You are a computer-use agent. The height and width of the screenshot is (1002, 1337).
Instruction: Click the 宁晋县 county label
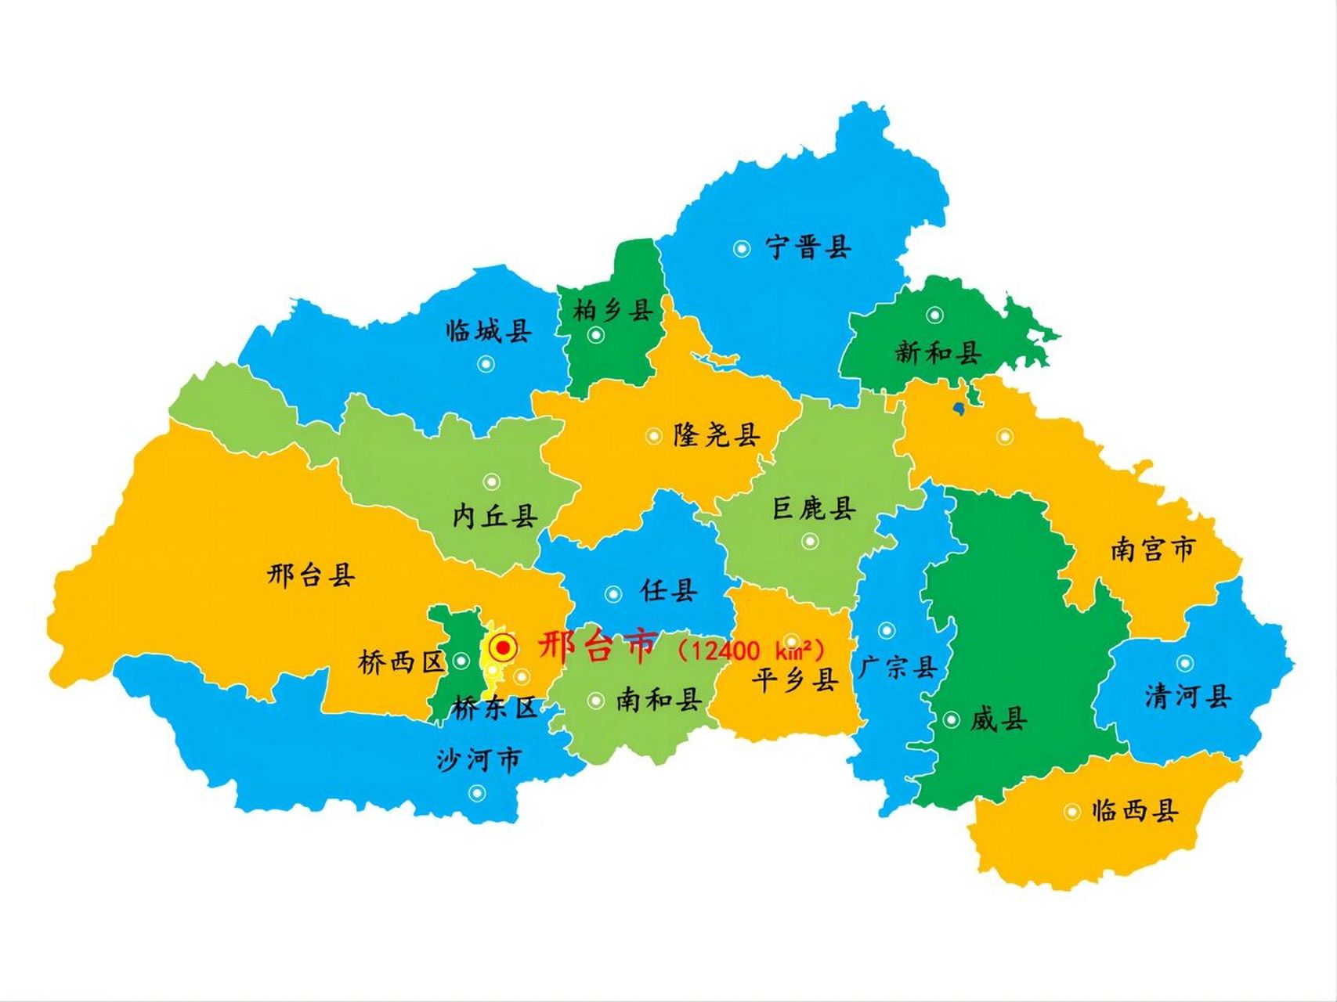click(808, 248)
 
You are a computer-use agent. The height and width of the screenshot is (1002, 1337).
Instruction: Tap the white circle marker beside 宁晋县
click(741, 248)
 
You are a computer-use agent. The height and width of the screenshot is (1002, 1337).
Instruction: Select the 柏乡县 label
click(613, 311)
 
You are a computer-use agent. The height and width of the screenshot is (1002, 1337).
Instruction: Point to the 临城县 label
click(489, 331)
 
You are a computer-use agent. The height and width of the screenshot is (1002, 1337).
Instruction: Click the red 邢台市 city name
click(597, 647)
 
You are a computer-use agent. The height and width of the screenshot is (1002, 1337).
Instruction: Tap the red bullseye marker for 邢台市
click(502, 648)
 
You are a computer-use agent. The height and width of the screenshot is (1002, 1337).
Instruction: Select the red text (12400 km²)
click(751, 651)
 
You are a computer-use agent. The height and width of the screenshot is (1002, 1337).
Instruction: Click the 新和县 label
click(938, 352)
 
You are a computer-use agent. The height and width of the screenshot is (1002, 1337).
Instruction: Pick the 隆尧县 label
click(717, 435)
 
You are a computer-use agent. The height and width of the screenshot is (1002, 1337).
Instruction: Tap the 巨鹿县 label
click(815, 509)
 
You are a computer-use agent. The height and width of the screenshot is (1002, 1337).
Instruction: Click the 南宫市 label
click(1153, 549)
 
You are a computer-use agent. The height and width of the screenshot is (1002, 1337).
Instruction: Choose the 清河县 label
click(1187, 695)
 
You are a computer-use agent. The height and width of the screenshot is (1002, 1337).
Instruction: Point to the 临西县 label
click(1135, 810)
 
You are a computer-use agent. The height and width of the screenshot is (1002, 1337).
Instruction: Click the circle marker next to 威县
click(951, 719)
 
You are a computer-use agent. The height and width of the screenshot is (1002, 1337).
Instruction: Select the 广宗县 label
click(897, 668)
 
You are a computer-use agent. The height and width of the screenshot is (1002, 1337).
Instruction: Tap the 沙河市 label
click(479, 759)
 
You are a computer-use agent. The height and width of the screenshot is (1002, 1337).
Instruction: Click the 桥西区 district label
click(401, 662)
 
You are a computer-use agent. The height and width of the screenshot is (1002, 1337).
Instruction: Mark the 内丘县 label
click(495, 516)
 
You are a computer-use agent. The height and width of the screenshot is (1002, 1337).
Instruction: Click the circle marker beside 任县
click(613, 594)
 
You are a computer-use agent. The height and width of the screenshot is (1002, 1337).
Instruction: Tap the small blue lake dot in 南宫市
click(958, 408)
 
